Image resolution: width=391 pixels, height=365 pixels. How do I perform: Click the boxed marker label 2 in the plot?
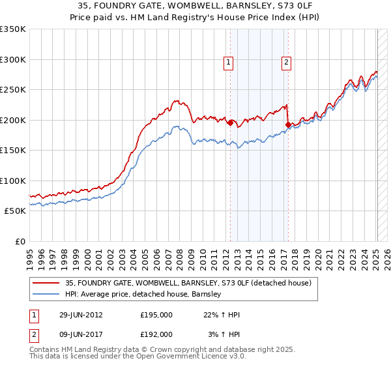click(287, 63)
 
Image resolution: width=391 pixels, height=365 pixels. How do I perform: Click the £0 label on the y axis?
click(18, 241)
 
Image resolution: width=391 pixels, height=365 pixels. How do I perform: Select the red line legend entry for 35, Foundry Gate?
click(188, 283)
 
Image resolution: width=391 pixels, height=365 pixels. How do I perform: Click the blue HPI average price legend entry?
click(143, 294)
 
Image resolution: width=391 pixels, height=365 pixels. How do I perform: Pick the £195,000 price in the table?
click(156, 315)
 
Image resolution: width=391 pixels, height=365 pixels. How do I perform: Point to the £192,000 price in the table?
click(156, 334)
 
